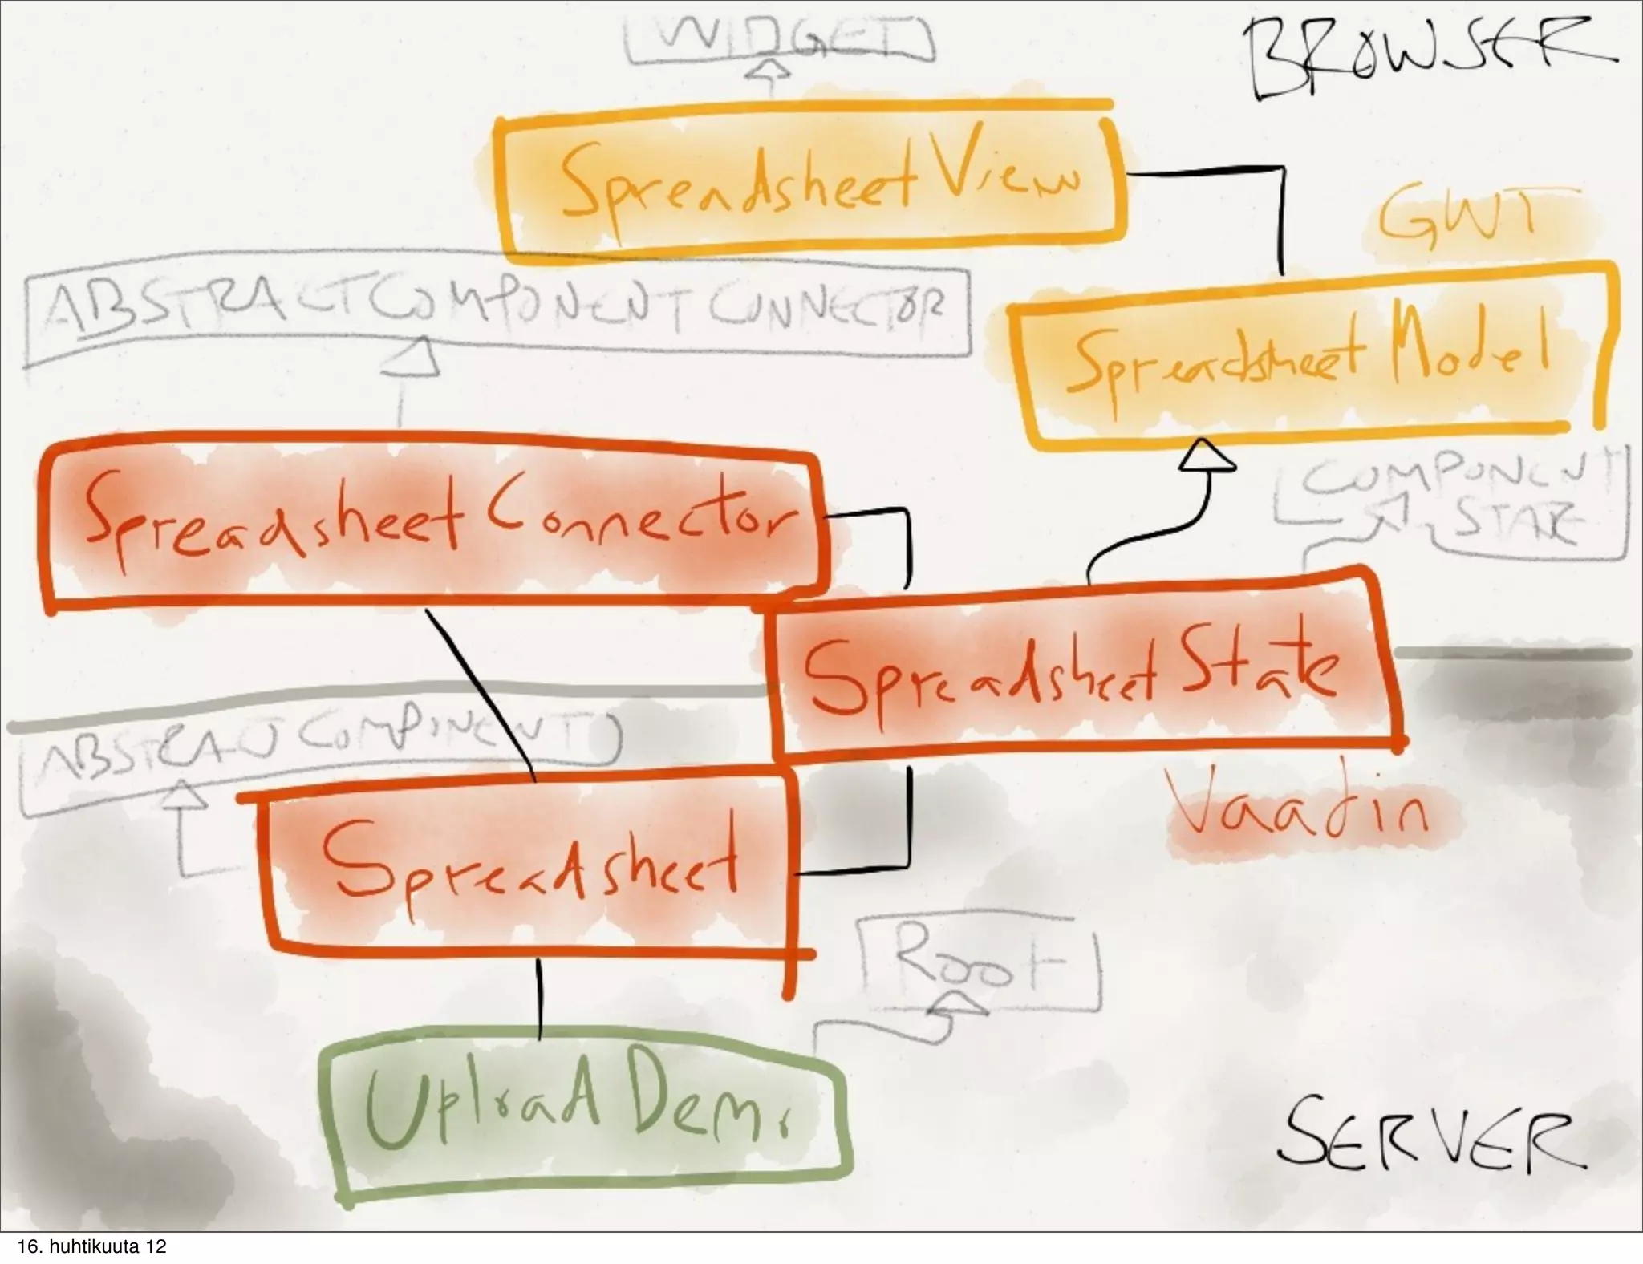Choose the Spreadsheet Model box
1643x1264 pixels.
(1308, 357)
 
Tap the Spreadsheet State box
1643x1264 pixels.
(1075, 670)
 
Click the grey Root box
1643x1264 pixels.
(979, 962)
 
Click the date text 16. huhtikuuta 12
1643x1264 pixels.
(92, 1247)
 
